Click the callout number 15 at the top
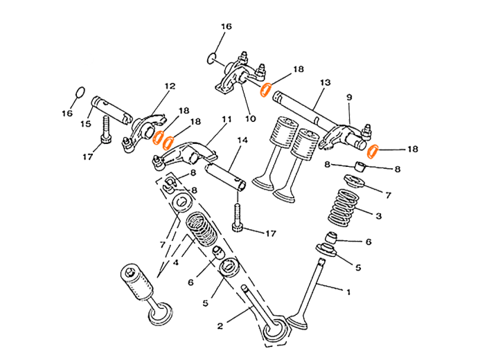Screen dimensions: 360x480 226,26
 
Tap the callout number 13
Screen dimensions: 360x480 326,82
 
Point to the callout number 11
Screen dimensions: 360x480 225,120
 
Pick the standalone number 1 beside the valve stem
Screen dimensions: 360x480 348,292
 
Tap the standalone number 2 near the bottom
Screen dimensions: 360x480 220,325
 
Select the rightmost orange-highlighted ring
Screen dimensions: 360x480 372,151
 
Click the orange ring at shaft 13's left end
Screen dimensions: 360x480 265,90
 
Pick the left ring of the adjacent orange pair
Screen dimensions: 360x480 158,136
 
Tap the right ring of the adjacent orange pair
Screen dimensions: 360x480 168,142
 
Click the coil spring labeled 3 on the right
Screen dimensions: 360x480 346,206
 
